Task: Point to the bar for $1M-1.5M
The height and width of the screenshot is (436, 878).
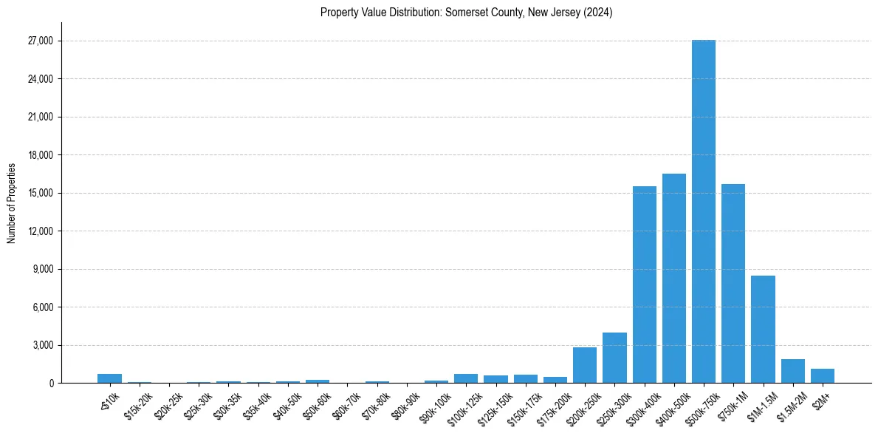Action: coord(763,330)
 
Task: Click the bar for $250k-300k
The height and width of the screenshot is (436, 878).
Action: coord(614,358)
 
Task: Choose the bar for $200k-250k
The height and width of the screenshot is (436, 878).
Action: coord(585,365)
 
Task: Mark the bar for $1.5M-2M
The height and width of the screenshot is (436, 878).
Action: coord(793,371)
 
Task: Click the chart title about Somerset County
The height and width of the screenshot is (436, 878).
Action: coord(467,13)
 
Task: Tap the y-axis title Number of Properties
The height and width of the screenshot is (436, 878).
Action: coord(11,203)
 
